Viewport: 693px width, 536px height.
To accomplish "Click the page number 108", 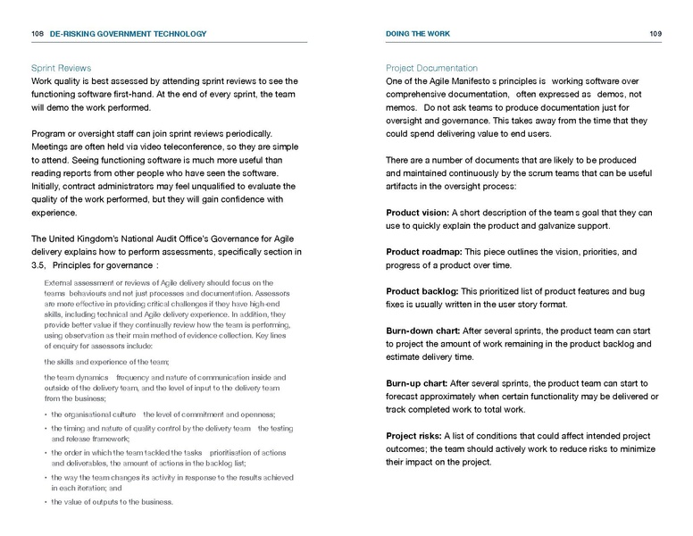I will click(38, 34).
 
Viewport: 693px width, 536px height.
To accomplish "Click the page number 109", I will click(655, 34).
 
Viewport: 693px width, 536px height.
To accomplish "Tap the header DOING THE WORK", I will click(418, 34).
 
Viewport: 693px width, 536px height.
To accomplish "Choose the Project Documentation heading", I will click(431, 68).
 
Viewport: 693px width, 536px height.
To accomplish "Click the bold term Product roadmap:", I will click(422, 252).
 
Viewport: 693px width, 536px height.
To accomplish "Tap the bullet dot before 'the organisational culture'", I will click(46, 415).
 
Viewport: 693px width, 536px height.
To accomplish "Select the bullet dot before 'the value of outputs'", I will click(46, 502).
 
